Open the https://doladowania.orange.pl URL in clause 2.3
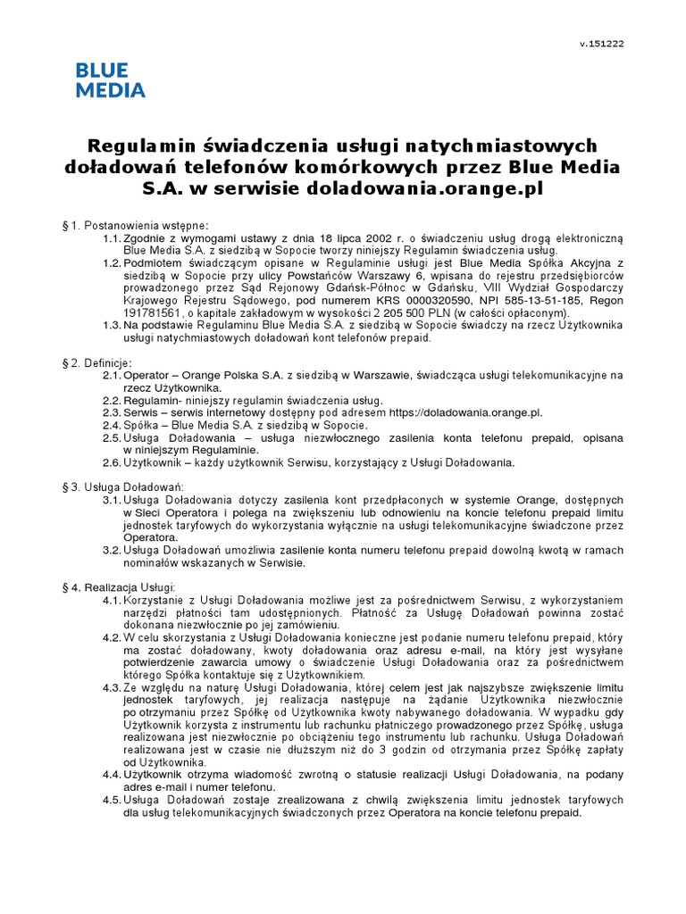pyautogui.click(x=464, y=413)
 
